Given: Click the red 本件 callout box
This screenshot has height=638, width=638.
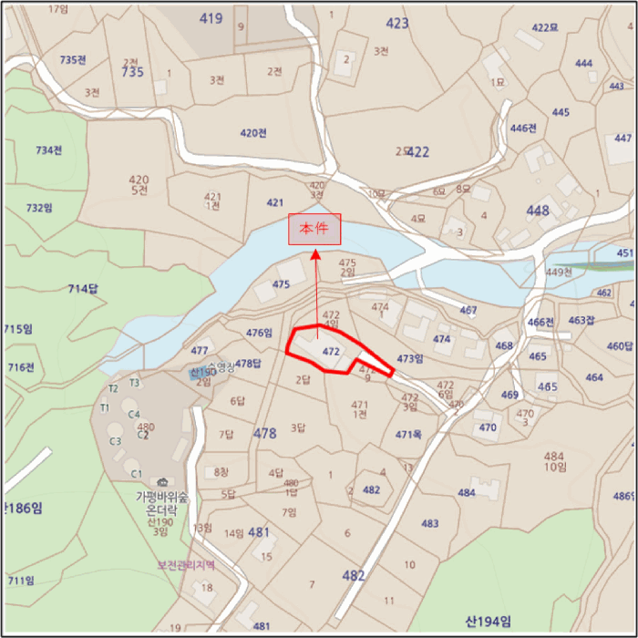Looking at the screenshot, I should (x=314, y=230).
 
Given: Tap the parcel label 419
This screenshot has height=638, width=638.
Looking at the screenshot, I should (x=211, y=18).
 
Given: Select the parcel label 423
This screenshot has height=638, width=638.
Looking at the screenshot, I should (x=397, y=24).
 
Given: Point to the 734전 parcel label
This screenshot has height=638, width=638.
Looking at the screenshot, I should (x=48, y=150).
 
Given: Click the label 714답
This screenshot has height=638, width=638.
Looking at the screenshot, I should (x=82, y=289).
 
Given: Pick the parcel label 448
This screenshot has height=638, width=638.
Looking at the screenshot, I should (x=538, y=211).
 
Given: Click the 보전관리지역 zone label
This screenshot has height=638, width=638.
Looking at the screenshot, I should (x=186, y=565).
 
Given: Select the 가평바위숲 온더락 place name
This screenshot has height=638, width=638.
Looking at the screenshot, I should (x=161, y=503).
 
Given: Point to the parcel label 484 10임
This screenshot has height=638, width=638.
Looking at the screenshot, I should (x=554, y=461).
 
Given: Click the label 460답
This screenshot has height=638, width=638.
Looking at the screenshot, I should (x=620, y=346).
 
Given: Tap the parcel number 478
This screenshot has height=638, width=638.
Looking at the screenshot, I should (x=264, y=433).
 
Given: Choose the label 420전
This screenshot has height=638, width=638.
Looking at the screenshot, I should (x=253, y=133).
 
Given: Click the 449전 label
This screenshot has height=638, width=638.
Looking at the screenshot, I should (x=558, y=273).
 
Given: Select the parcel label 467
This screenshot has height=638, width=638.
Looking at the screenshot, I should (x=468, y=311).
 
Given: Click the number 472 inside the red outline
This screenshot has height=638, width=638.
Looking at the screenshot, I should (x=331, y=351).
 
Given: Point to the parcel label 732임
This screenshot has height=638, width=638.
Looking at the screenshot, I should (x=39, y=208).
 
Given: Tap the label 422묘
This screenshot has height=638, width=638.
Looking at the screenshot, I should (x=544, y=27).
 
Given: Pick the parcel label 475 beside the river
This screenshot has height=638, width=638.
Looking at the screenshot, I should (x=281, y=284).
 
